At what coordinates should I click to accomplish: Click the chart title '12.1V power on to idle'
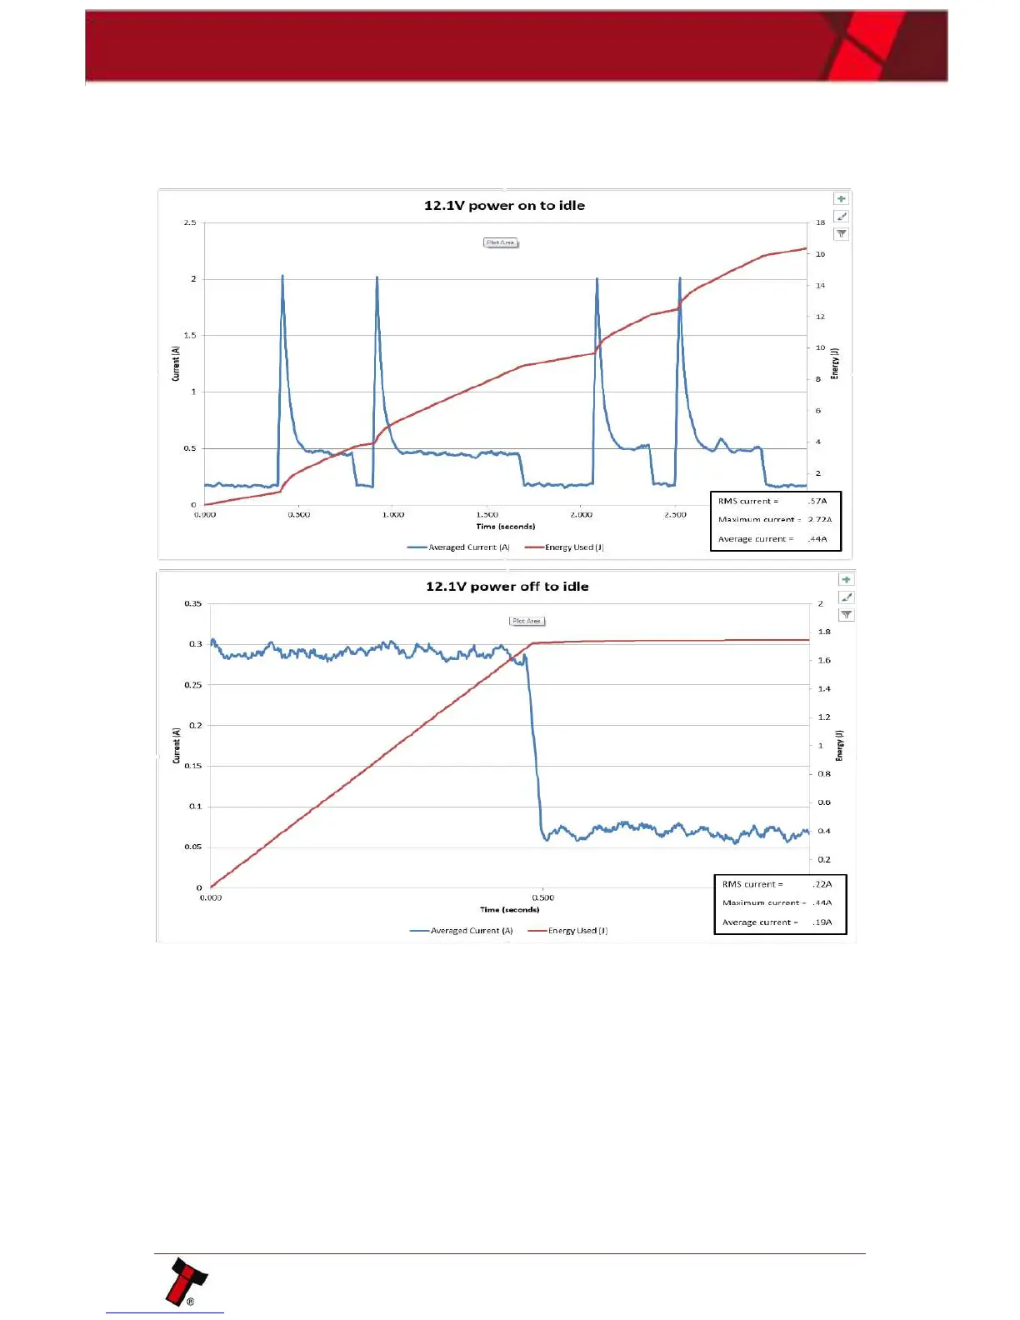pos(504,206)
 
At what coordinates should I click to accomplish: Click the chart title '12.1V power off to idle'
pos(507,587)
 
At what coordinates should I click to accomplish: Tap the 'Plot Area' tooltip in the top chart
pos(501,242)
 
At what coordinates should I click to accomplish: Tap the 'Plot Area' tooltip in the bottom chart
pos(527,621)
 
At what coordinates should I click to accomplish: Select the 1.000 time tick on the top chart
pos(393,515)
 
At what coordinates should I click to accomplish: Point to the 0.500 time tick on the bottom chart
pos(543,897)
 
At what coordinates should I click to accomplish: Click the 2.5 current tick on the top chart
pos(190,222)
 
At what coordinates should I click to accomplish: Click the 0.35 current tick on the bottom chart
pos(192,603)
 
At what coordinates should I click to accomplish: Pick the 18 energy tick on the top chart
pos(820,222)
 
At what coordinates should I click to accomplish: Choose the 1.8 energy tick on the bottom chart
pos(823,632)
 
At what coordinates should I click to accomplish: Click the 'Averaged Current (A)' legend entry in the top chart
pos(459,547)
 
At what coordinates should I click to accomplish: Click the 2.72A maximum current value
pos(820,519)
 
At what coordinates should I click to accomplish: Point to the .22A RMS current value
pos(822,884)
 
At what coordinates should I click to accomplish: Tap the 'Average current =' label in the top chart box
pos(756,539)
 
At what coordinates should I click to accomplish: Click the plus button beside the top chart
pos(842,199)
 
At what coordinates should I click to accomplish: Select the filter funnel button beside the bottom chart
pos(847,615)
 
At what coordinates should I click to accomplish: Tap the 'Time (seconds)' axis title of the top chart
pos(506,527)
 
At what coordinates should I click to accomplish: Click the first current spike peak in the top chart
pos(282,276)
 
